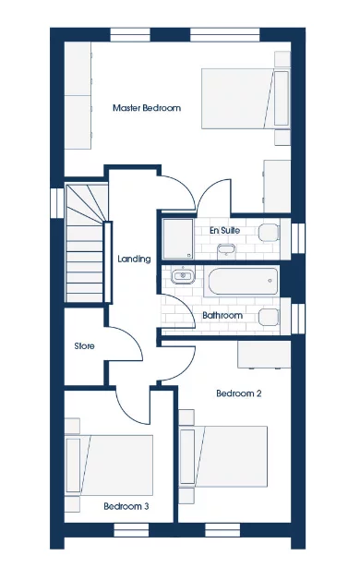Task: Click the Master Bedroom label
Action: [146, 108]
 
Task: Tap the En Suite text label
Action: [224, 228]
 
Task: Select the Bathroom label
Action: [222, 316]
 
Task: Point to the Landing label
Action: [135, 260]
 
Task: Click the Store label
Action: [86, 346]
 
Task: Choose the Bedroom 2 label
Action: [239, 393]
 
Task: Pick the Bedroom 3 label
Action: [126, 506]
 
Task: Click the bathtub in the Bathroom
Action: [241, 281]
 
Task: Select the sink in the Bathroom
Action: [183, 275]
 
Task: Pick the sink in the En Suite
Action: [225, 250]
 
